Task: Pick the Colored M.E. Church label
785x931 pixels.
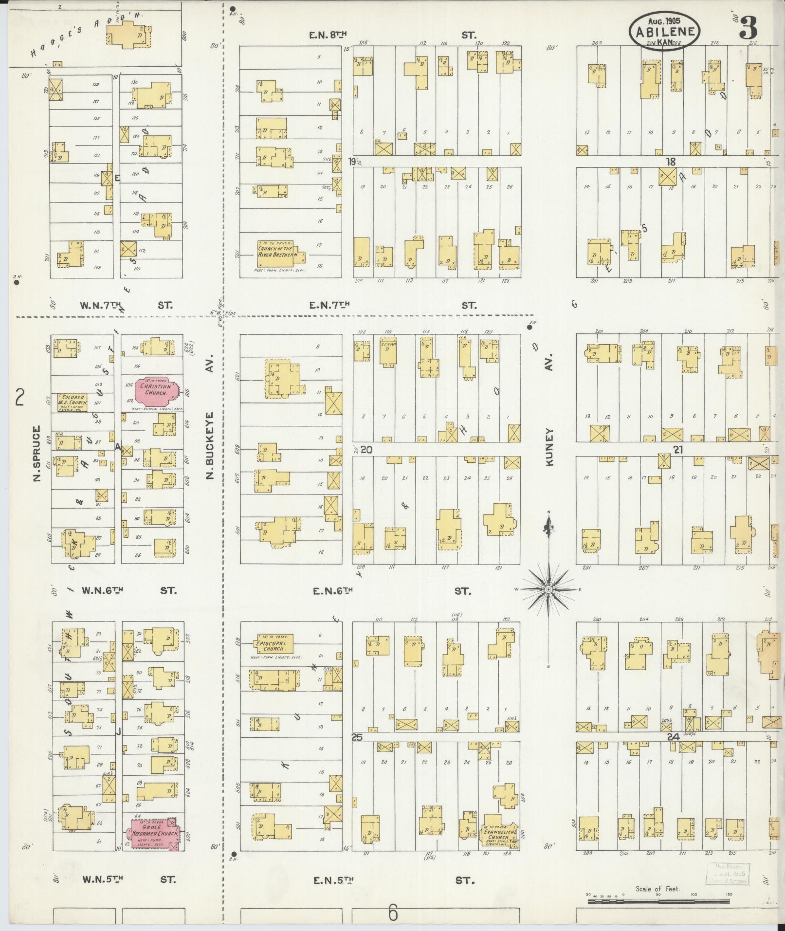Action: tap(73, 400)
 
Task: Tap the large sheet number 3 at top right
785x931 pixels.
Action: tap(748, 28)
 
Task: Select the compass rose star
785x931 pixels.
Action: tap(548, 589)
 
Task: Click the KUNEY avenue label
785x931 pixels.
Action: tap(550, 447)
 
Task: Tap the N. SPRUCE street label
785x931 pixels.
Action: tap(36, 455)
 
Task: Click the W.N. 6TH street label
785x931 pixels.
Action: tap(103, 590)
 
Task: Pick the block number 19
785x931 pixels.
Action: tap(352, 162)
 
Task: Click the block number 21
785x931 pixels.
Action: tap(678, 450)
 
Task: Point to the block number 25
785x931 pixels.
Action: tap(357, 738)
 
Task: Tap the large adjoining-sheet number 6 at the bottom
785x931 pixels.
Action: tap(393, 913)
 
